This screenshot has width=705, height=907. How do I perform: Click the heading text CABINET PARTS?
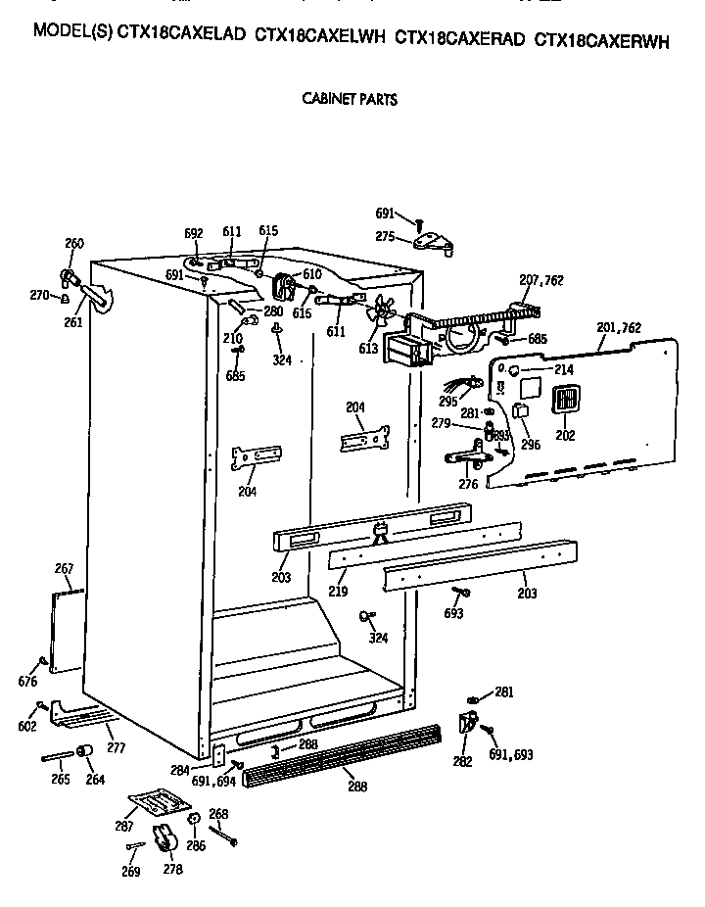351,99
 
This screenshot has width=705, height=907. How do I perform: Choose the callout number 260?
74,244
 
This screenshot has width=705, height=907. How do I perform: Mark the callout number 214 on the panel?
564,369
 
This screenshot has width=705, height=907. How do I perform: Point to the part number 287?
124,827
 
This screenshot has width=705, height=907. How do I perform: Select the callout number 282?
462,760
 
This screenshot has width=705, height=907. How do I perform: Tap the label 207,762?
540,280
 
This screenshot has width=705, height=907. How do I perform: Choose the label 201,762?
619,327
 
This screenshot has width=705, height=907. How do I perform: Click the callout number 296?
531,445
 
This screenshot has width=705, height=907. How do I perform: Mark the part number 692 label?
194,233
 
